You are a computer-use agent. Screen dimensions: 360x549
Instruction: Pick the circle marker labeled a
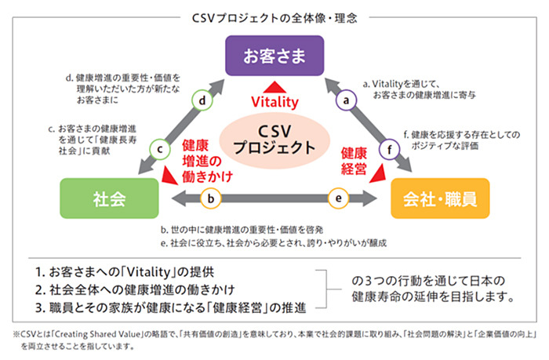point(344,100)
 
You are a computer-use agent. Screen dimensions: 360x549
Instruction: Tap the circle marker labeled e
point(338,198)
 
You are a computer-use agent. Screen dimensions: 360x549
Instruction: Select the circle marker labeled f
point(385,147)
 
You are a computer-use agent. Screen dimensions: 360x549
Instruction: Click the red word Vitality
point(275,102)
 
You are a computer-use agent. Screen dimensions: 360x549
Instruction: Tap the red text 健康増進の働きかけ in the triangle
point(206,160)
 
